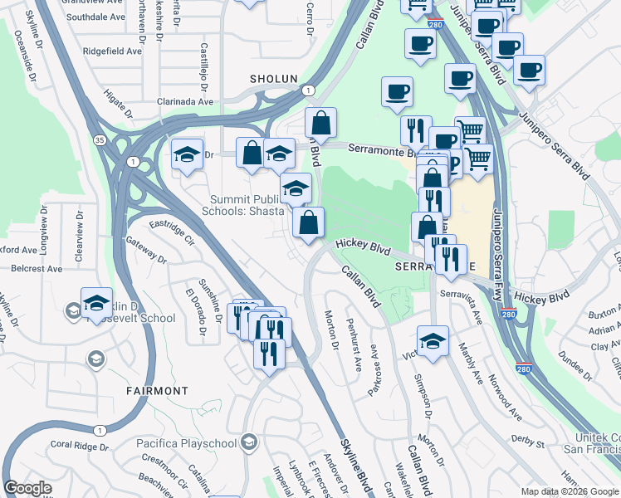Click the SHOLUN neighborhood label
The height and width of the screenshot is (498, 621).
tap(274, 79)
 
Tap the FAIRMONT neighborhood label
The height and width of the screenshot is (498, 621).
tap(158, 390)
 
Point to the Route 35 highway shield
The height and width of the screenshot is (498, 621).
tap(99, 139)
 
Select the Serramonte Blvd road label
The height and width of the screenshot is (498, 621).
tap(384, 152)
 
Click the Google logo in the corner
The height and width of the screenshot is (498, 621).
tap(27, 488)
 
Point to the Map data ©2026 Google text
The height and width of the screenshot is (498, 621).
tap(569, 491)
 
